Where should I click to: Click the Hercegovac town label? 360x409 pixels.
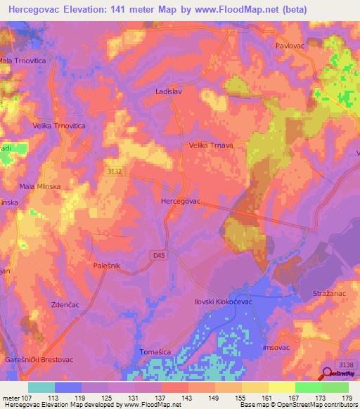(x=181, y=201)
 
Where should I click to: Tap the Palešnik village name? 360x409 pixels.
(x=108, y=266)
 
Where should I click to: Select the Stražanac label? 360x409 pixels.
(x=330, y=292)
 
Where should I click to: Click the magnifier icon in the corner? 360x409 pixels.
(x=329, y=375)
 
